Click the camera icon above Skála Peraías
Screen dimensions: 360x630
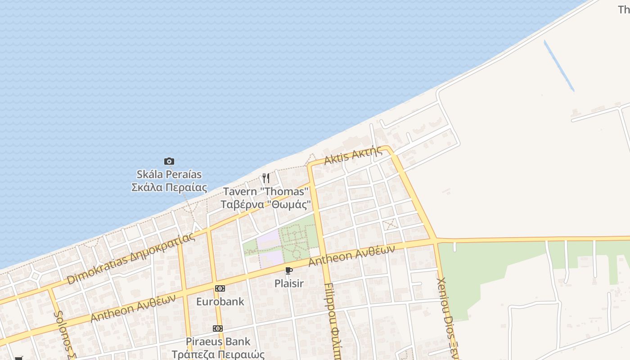click(x=169, y=161)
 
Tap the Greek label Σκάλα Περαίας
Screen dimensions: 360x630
click(x=169, y=187)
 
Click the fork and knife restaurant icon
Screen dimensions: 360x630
click(x=266, y=178)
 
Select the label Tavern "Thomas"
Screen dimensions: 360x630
click(x=266, y=192)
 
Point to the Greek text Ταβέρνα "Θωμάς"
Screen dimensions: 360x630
click(x=266, y=204)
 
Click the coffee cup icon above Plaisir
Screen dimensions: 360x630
click(x=289, y=270)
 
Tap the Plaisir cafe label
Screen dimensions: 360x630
click(x=289, y=283)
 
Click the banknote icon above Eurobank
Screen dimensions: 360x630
click(x=220, y=288)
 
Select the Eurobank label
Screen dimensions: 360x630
click(x=220, y=301)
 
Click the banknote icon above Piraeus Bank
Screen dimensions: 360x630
click(x=218, y=328)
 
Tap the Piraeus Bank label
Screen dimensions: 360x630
click(x=218, y=341)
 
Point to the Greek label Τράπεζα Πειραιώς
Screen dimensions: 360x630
click(x=218, y=354)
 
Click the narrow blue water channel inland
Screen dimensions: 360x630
click(x=559, y=66)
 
